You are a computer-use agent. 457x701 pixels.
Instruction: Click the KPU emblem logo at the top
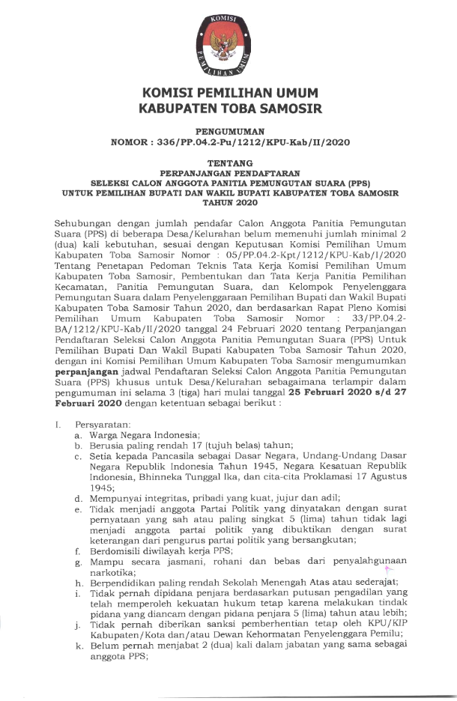pyautogui.click(x=228, y=43)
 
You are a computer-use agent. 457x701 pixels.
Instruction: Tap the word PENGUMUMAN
pyautogui.click(x=228, y=130)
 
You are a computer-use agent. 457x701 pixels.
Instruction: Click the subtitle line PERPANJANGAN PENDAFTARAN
pyautogui.click(x=228, y=172)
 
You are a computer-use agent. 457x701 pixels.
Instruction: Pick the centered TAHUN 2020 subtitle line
pyautogui.click(x=228, y=201)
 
